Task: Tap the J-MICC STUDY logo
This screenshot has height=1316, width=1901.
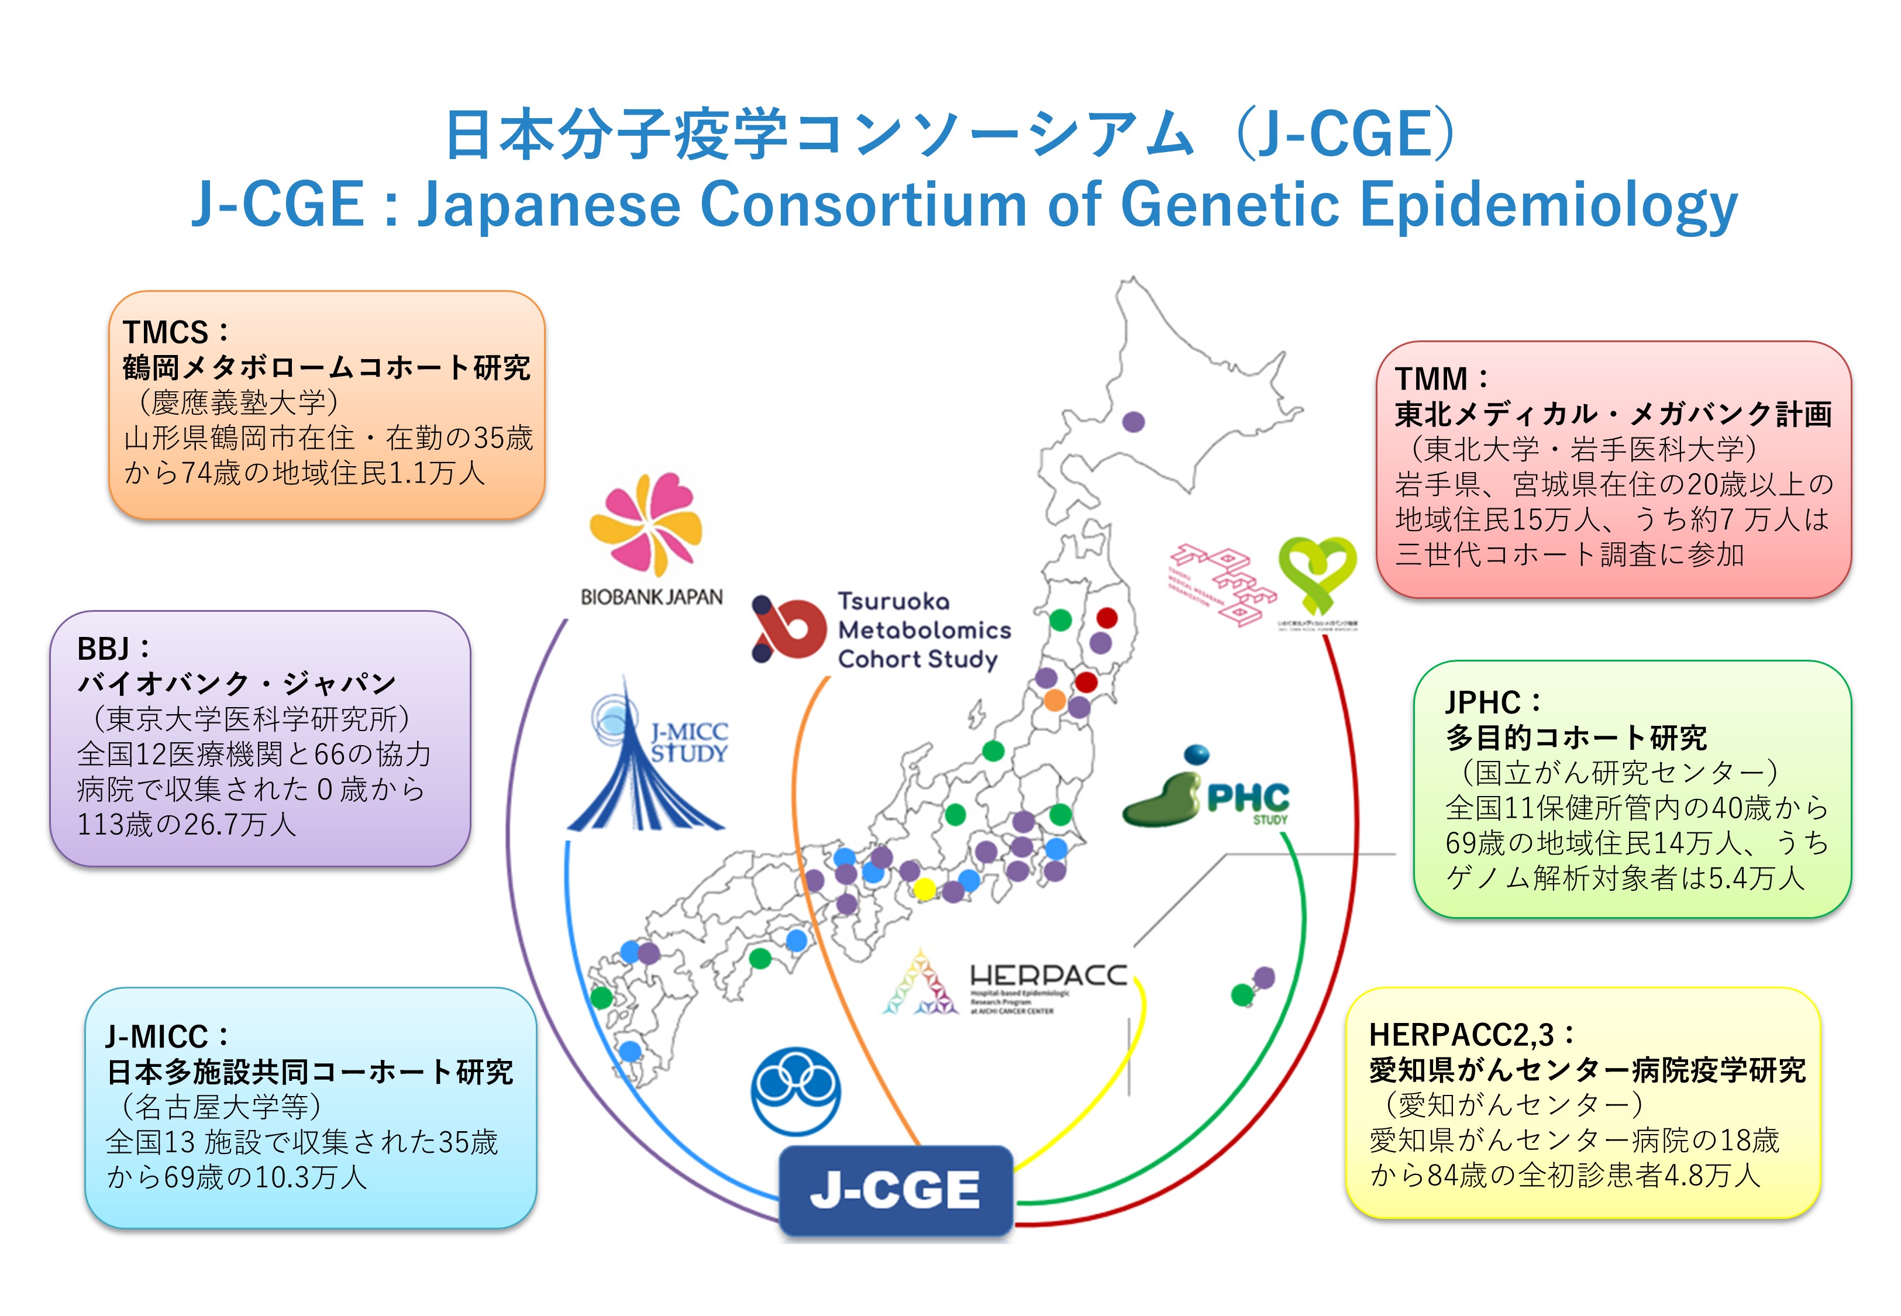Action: click(x=646, y=754)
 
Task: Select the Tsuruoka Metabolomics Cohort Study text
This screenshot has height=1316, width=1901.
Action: click(x=923, y=630)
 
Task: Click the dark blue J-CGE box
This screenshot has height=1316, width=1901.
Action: click(x=896, y=1191)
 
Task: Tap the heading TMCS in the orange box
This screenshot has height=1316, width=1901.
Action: click(x=165, y=332)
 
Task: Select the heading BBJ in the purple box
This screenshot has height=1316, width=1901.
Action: click(x=103, y=649)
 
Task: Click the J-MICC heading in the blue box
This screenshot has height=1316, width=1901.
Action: click(x=157, y=1036)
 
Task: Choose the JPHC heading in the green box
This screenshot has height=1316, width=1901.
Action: click(x=1482, y=702)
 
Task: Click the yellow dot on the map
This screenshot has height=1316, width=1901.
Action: click(x=924, y=889)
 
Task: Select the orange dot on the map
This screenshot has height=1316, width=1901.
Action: click(x=1055, y=700)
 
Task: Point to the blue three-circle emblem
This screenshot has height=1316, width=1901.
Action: click(x=795, y=1090)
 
